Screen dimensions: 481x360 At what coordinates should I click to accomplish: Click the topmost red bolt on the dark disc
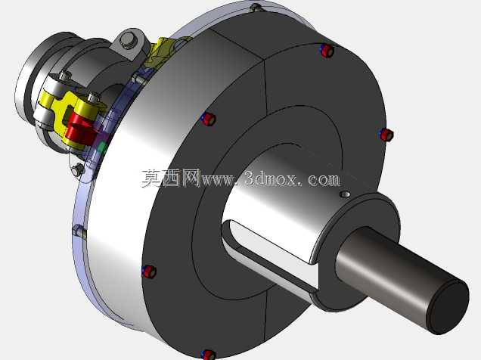pyautogui.click(x=327, y=50)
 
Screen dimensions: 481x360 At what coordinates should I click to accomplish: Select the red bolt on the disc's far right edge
pyautogui.click(x=386, y=135)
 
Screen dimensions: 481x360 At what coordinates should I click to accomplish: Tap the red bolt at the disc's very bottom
pyautogui.click(x=208, y=355)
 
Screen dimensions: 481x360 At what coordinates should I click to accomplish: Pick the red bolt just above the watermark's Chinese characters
pyautogui.click(x=209, y=119)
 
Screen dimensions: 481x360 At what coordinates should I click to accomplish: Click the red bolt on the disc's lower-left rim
pyautogui.click(x=150, y=272)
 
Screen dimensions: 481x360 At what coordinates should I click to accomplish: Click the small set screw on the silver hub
pyautogui.click(x=346, y=194)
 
